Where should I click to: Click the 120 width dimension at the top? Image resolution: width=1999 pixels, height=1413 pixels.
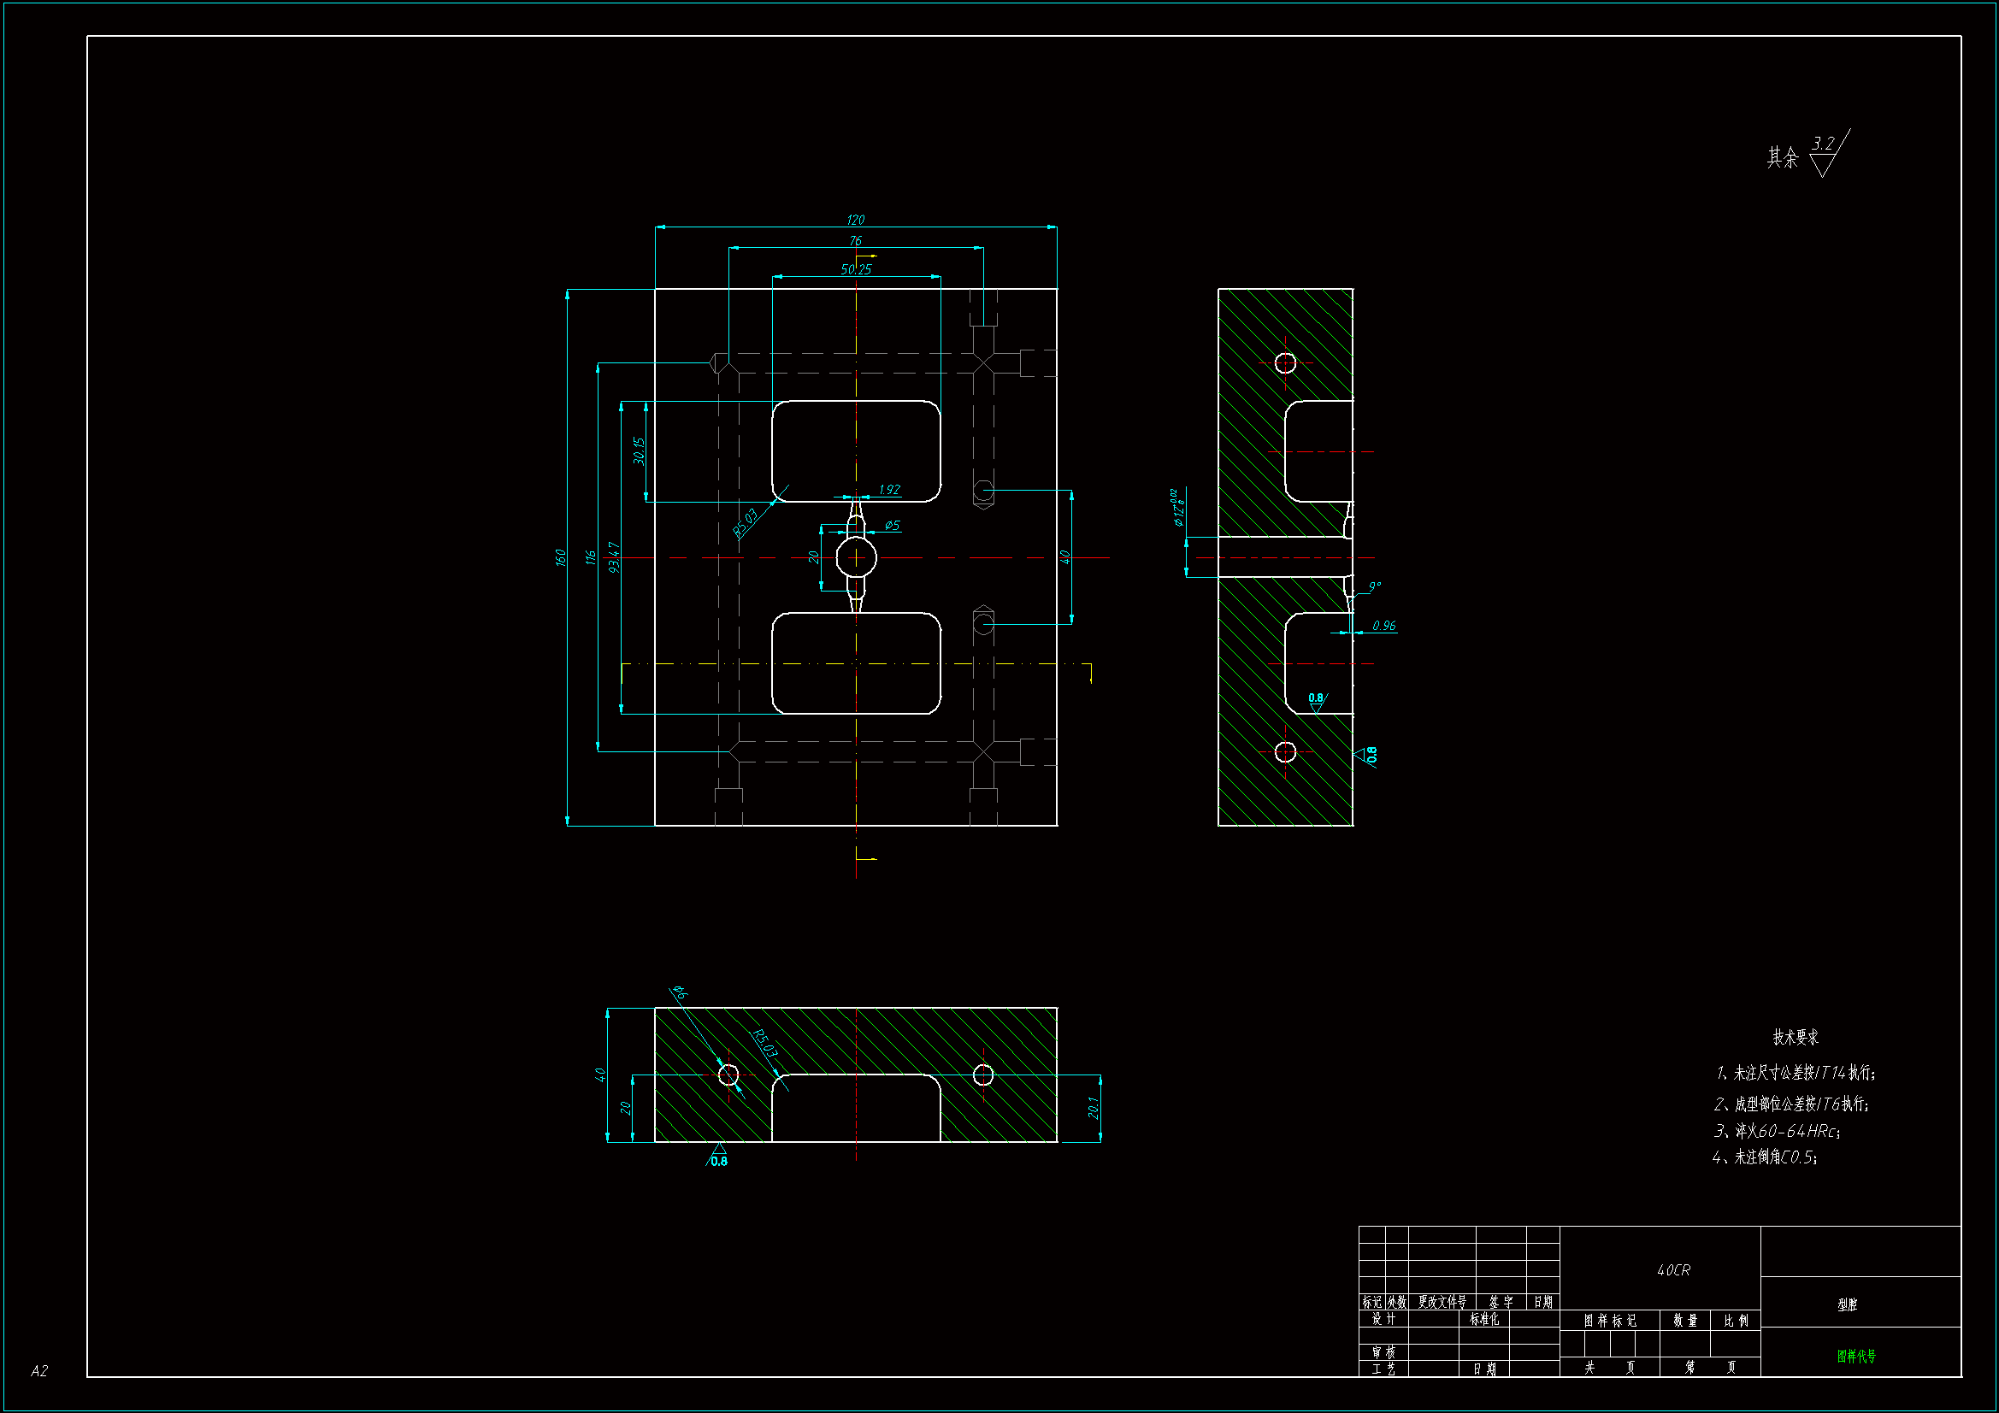coord(855,220)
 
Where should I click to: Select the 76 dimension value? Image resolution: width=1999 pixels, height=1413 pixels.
coord(855,241)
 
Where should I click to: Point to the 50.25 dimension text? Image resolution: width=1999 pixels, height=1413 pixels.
coord(856,269)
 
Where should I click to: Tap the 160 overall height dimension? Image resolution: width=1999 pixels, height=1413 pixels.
coord(561,557)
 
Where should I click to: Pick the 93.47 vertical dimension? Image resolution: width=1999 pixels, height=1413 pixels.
coord(614,557)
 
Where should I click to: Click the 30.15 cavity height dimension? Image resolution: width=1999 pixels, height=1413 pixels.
coord(639,451)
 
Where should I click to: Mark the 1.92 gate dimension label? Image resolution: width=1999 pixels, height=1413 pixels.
coord(889,489)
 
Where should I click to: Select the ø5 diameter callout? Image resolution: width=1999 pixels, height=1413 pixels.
coord(892,526)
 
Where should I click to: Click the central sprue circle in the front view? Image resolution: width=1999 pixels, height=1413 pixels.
coord(856,557)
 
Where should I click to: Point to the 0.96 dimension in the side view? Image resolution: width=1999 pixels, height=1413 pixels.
coord(1383,626)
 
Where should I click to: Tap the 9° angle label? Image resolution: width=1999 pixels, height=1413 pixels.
coord(1375,586)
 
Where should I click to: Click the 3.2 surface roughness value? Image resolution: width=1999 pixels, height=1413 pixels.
coord(1823,143)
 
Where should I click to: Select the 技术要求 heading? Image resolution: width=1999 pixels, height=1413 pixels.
coord(1796,1037)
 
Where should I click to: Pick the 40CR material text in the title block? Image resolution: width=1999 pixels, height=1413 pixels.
coord(1673,1270)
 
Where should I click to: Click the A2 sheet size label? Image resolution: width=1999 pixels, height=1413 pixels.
coord(39,1371)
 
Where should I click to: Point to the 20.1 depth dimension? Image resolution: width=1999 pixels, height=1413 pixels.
coord(1094,1108)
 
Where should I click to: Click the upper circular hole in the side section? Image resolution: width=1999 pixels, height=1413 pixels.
coord(1285,363)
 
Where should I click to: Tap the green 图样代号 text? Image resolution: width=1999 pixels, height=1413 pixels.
coord(1856,1357)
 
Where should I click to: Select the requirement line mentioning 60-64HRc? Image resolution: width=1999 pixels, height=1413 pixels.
coord(1777,1131)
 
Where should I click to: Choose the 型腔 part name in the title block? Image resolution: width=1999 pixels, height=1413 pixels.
coord(1847,1304)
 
